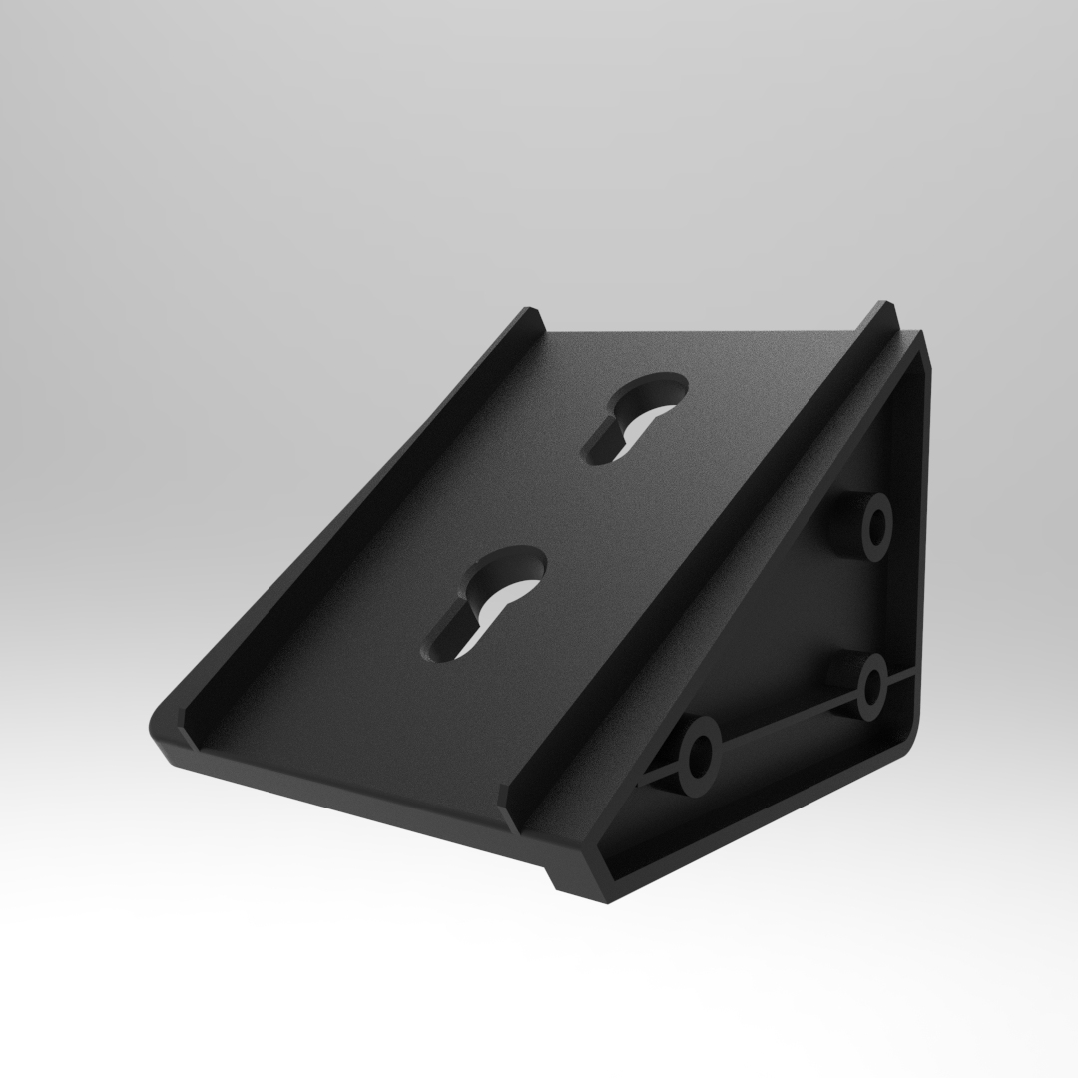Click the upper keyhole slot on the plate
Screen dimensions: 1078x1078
(x=635, y=417)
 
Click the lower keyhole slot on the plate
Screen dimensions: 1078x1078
(x=487, y=601)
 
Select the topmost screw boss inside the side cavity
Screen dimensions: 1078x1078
(x=876, y=525)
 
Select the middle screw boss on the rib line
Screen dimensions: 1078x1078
(x=872, y=686)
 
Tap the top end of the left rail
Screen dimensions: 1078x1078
(x=530, y=317)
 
